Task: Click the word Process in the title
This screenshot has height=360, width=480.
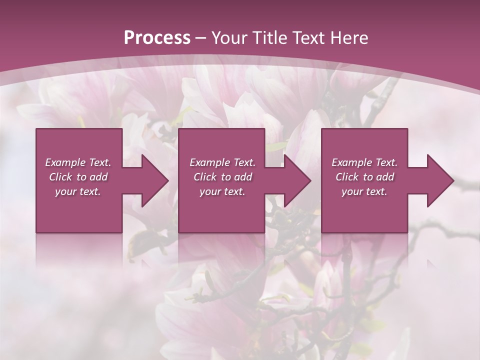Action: [x=157, y=38]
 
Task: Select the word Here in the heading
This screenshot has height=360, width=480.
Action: [x=348, y=38]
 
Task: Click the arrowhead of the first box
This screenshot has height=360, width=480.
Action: [x=154, y=180]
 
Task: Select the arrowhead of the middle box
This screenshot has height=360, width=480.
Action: [x=297, y=180]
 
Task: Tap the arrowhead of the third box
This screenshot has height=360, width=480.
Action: [x=439, y=180]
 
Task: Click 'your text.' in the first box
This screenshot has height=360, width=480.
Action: [x=77, y=191]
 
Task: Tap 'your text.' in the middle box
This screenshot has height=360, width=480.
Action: [x=222, y=191]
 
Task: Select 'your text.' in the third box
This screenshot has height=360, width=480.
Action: [x=364, y=191]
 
